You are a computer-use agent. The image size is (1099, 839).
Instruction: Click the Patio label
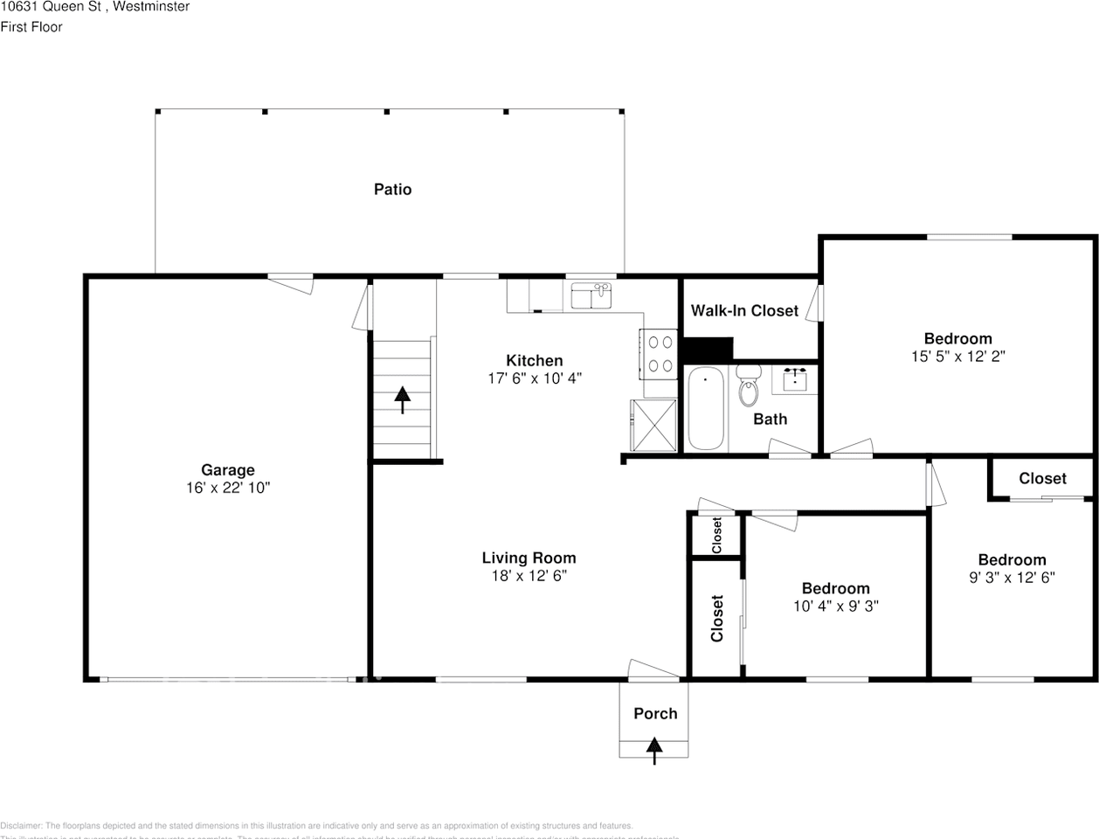click(392, 190)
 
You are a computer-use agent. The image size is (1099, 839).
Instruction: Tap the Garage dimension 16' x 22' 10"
click(228, 488)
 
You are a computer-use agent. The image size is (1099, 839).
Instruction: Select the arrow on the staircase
click(402, 399)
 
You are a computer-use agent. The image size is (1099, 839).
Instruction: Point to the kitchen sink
click(592, 296)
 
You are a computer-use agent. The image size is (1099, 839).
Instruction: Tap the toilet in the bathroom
click(748, 388)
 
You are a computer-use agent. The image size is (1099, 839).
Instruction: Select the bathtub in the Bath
click(705, 408)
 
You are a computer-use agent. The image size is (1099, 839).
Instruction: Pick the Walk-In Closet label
click(744, 311)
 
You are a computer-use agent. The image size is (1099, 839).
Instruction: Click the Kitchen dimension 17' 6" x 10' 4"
click(534, 378)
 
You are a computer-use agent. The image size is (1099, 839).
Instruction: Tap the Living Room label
click(529, 558)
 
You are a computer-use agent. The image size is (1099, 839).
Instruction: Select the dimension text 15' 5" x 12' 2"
click(957, 357)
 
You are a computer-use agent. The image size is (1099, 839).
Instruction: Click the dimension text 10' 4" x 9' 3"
click(835, 606)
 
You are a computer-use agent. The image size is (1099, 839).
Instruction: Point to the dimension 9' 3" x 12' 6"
click(1012, 577)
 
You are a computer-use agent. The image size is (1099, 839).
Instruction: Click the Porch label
click(655, 713)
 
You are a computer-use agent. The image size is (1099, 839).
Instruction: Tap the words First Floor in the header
click(31, 27)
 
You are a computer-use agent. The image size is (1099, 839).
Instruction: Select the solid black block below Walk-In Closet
click(707, 350)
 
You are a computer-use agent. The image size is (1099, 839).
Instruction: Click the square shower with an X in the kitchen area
click(653, 426)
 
